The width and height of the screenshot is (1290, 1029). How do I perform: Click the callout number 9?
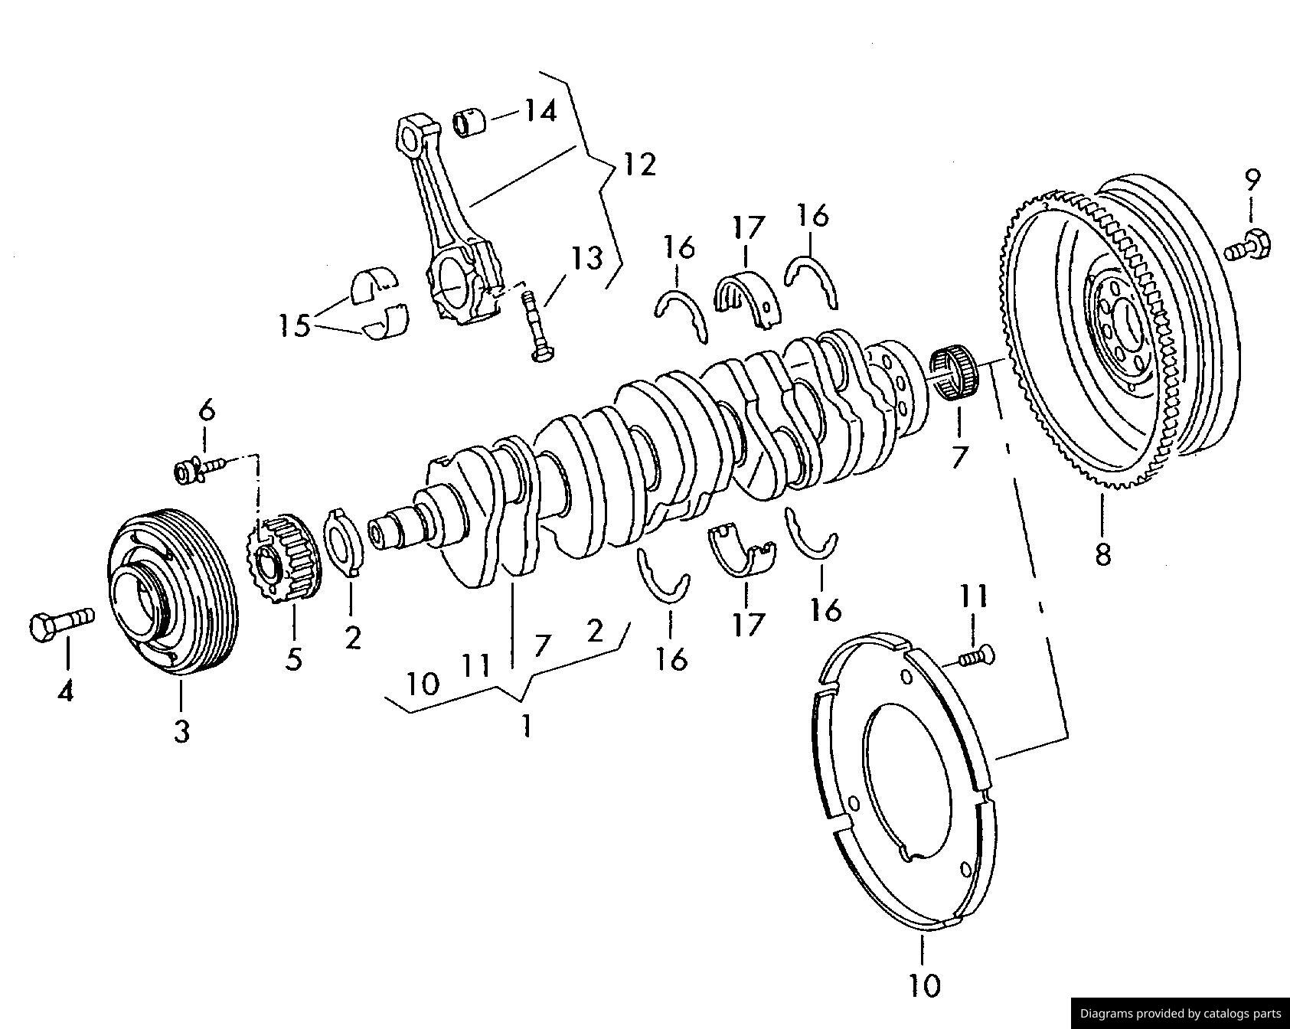pos(1252,181)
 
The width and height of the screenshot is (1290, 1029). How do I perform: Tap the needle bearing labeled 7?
pos(953,374)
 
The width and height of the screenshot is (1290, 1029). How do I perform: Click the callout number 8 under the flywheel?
pos(1102,554)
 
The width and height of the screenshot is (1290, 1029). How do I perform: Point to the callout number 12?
pos(639,165)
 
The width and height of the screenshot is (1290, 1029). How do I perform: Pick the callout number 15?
pos(294,325)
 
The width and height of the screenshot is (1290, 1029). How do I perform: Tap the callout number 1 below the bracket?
pos(526,724)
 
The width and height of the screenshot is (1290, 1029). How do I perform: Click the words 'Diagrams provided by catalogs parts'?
pos(1180,1014)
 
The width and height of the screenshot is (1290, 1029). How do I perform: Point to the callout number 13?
pos(587,258)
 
